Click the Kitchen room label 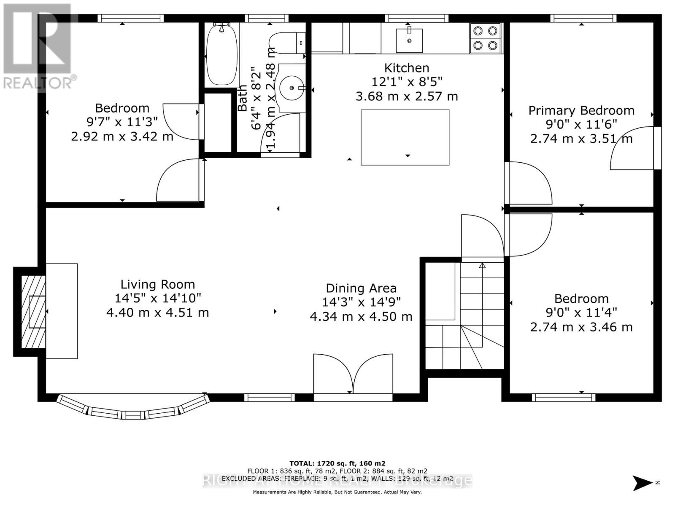407,68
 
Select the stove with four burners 485,38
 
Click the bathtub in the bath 221,55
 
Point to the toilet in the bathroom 287,43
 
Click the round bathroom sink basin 292,88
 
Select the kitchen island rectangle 405,137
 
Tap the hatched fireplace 33,312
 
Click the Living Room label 158,285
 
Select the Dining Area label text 361,288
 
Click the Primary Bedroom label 581,110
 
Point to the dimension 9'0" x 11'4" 581,312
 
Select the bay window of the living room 133,409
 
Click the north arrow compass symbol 643,483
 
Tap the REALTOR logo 38,46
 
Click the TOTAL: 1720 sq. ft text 337,463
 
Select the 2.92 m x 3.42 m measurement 122,137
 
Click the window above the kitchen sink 416,18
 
